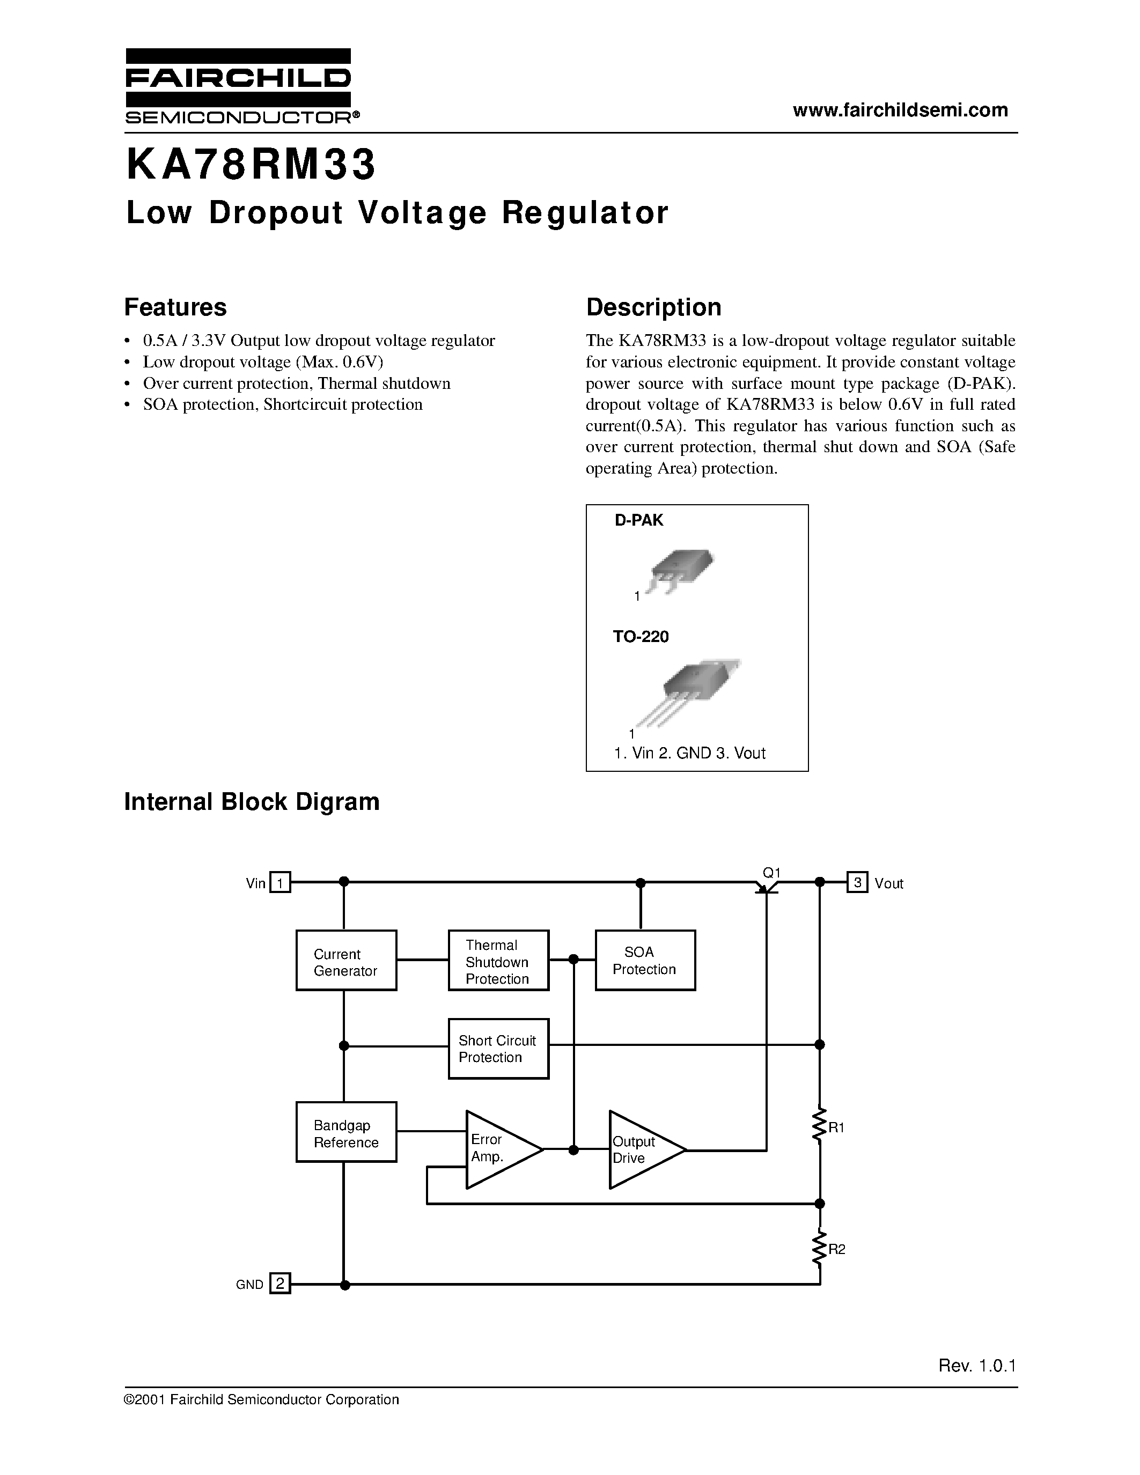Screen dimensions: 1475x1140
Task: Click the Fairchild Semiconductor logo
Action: tap(238, 86)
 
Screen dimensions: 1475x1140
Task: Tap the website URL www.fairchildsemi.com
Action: tap(900, 111)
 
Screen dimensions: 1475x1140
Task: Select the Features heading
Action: tap(175, 307)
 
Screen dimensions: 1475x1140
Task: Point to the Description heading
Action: tap(653, 307)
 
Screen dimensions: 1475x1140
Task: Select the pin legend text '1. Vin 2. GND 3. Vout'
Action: tap(689, 753)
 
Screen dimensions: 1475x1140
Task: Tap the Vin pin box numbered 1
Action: tap(280, 883)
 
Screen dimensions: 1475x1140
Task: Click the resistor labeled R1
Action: tap(819, 1126)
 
